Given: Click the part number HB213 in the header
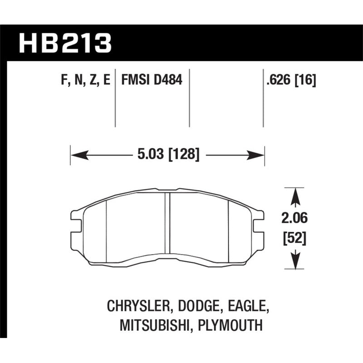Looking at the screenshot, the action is [65, 43].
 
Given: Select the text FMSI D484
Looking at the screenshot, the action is [152, 80].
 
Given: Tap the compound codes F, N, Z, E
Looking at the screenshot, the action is [86, 80].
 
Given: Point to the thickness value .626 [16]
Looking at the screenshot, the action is [291, 80].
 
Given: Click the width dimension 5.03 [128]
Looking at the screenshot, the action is [168, 154].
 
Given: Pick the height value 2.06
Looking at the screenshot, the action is [294, 218].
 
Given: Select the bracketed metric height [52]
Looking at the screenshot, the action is [294, 238].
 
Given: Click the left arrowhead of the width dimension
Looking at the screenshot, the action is [80, 155].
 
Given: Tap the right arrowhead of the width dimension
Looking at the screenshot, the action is [255, 155].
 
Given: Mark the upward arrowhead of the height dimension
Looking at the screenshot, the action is [295, 197].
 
